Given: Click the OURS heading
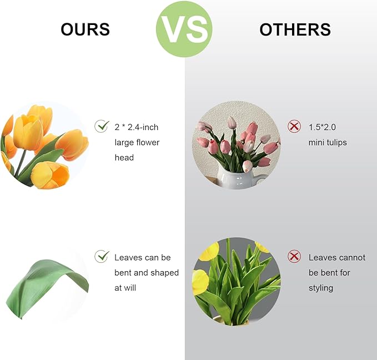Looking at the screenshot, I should click(86, 29).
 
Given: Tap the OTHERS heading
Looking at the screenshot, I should click(295, 29).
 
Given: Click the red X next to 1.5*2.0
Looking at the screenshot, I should click(294, 127).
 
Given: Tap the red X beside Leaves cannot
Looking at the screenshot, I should click(294, 257).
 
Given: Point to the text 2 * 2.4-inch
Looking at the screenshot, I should click(137, 127).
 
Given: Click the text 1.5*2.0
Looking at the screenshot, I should click(322, 127).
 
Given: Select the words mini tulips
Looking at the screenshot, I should click(328, 142).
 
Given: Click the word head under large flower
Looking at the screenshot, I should click(124, 157).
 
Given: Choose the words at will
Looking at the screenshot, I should click(125, 288).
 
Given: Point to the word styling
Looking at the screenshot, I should click(321, 288).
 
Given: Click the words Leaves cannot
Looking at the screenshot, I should click(337, 257).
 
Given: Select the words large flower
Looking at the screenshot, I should click(137, 142).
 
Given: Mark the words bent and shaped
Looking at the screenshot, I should click(147, 273).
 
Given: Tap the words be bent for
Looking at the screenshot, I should click(330, 273).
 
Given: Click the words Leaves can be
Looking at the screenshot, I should click(143, 257).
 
